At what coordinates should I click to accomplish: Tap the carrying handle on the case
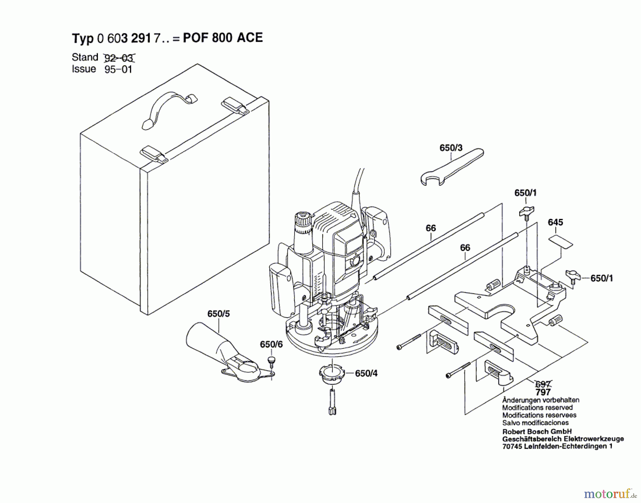(167, 105)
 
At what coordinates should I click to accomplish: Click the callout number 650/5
(219, 314)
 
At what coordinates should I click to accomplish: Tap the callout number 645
(556, 222)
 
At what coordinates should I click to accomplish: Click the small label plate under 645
(561, 241)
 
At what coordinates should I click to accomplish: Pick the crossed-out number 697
(543, 384)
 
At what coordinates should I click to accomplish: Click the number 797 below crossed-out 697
(543, 392)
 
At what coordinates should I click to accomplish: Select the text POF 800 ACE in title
(223, 38)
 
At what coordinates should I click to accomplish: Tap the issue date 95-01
(118, 69)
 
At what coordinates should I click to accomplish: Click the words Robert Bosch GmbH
(537, 431)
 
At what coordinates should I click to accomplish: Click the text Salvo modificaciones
(535, 423)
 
